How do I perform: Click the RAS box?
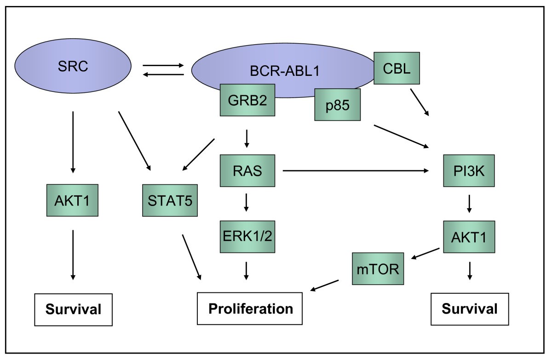tap(247, 171)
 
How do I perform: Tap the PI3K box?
tap(469, 171)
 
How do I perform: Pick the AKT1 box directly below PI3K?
tap(469, 237)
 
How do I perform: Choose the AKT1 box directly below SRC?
tap(73, 200)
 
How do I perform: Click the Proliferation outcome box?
tap(250, 308)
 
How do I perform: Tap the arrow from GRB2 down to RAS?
tap(247, 139)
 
